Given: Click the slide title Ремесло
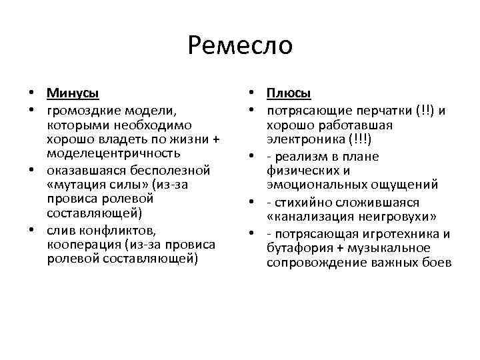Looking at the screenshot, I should click(x=240, y=45).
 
